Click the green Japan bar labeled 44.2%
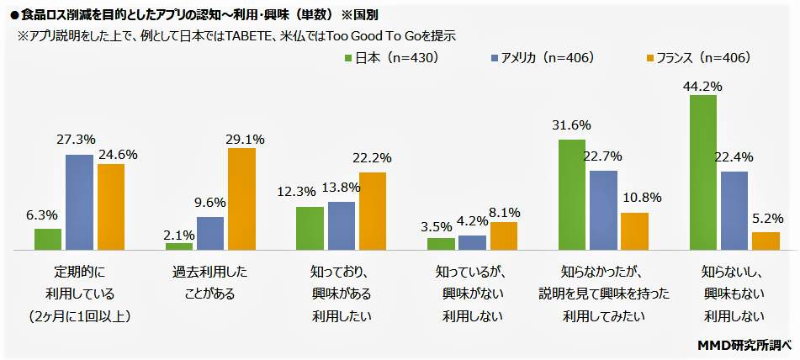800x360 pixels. [703, 172]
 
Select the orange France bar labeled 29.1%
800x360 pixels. [241, 199]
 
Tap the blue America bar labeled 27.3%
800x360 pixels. [79, 203]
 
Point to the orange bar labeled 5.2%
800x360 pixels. [766, 241]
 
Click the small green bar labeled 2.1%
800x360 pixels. [179, 246]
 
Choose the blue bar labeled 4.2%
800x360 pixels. [473, 243]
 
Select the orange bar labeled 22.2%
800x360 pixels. [373, 211]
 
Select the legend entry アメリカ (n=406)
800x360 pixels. [543, 58]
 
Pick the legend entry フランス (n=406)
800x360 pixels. [697, 58]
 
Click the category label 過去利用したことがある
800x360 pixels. [210, 283]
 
